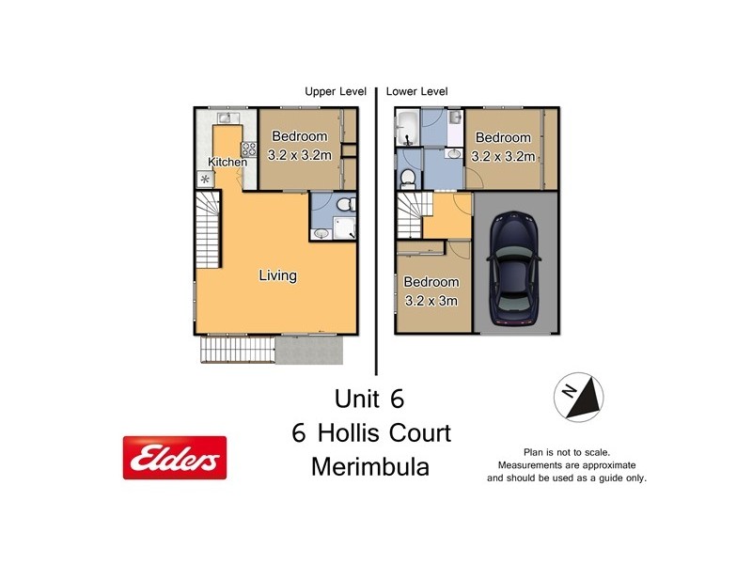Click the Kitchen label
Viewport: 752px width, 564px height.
(227, 162)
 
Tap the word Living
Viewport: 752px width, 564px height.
(278, 275)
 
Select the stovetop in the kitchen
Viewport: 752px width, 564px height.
(249, 148)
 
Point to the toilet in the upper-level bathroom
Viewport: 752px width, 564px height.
(344, 204)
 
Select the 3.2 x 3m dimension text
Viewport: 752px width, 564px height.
(431, 301)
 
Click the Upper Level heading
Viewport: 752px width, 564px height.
(335, 91)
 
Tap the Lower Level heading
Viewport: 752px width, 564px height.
(417, 91)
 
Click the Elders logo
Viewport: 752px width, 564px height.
(175, 458)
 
